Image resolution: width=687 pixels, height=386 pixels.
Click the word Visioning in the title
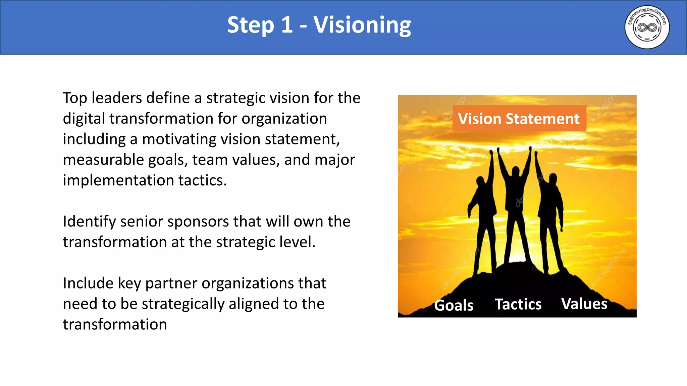click(362, 25)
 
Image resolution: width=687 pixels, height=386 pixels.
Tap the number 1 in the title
click(287, 25)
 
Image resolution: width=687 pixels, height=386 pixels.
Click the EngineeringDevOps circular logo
click(647, 27)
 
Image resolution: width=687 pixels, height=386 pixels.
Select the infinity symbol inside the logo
click(647, 27)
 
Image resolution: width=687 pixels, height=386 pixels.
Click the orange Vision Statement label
click(519, 119)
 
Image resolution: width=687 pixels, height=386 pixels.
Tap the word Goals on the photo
click(454, 305)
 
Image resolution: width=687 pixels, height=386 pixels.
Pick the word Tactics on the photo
click(518, 304)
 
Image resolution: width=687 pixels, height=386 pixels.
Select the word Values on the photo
click(584, 304)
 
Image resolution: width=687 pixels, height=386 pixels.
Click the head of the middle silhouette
click(515, 171)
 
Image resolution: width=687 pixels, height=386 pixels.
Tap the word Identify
click(89, 222)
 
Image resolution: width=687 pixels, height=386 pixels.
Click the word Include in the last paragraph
click(88, 283)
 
